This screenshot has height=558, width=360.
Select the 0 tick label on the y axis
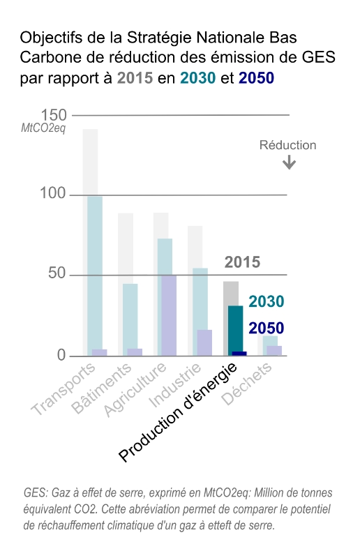[x=61, y=355]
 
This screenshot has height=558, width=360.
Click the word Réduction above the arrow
[x=287, y=145]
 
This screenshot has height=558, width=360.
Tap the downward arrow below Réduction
[x=289, y=163]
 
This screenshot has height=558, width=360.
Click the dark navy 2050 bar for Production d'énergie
[x=239, y=353]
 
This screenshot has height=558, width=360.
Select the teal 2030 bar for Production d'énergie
[x=235, y=328]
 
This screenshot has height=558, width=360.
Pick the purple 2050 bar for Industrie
[x=204, y=342]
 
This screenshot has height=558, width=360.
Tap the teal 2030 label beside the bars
[x=266, y=301]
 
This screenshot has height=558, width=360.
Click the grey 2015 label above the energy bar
[x=242, y=262]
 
